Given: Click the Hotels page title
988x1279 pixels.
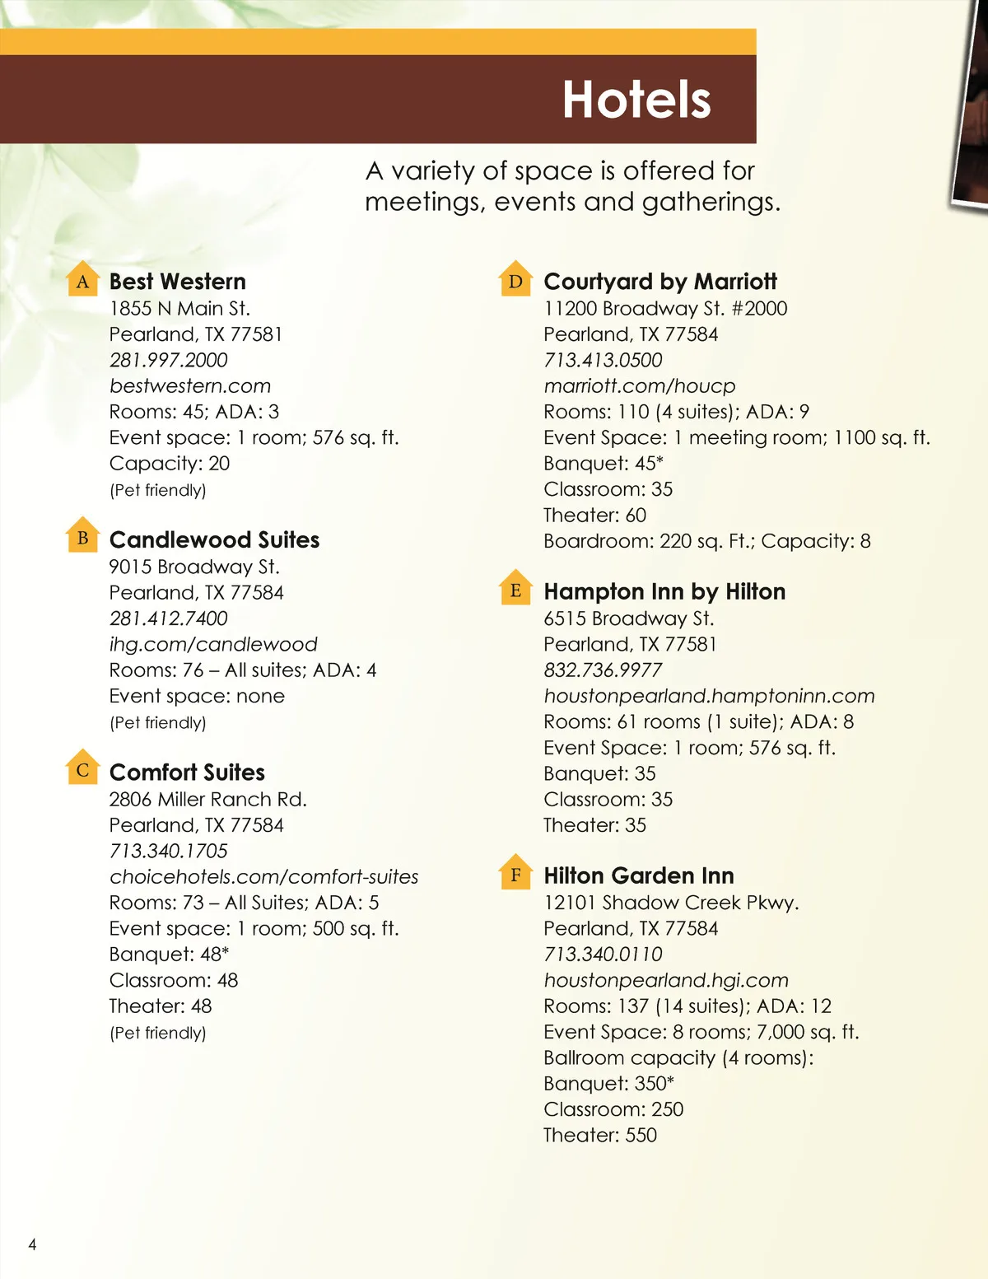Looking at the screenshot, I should coord(636,100).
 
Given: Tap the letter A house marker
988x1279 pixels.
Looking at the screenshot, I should coord(82,280).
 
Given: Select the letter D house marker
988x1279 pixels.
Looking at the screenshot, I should coord(515,280).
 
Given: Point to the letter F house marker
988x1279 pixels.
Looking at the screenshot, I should coord(515,873).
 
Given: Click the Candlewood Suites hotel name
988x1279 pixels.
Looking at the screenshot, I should coord(214,540).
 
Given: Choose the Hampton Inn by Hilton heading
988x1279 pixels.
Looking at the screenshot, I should coord(664,592).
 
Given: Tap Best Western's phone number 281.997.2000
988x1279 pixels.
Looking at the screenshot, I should coord(168,360).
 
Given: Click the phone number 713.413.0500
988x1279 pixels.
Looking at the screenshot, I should coord(603,360).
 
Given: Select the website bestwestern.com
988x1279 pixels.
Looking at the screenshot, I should coord(189,385).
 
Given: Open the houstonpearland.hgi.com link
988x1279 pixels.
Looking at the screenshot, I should coord(665,980).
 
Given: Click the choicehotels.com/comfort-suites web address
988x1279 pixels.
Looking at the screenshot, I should coord(263,876).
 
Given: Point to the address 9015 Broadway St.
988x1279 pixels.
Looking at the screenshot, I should coord(194,567).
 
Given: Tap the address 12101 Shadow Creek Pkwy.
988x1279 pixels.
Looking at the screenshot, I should coord(671,903).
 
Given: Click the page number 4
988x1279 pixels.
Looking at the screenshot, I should coord(32,1244).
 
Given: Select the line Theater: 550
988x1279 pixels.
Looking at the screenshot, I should coord(599,1135).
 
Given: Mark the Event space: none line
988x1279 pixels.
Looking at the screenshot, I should coord(197,696).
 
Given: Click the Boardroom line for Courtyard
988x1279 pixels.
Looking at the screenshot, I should coord(706,541).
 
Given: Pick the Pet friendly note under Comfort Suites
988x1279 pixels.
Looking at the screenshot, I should coord(157,1033).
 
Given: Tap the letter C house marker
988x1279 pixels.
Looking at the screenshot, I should coord(82,769).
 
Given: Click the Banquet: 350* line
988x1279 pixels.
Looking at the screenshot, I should coord(608,1083).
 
